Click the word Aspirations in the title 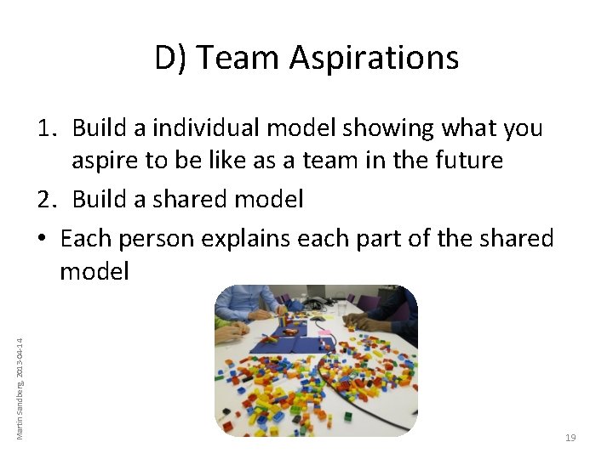point(374,58)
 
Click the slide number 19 point(570,438)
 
